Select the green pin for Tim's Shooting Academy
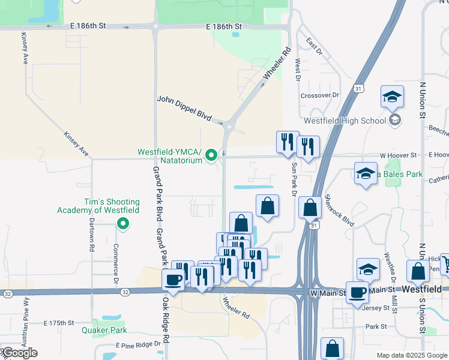(x=123, y=225)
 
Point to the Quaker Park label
(x=104, y=329)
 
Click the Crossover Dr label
(x=320, y=95)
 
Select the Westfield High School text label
(x=345, y=121)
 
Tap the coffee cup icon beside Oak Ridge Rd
(x=173, y=280)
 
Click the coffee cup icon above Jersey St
(x=358, y=292)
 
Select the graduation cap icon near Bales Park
(x=365, y=174)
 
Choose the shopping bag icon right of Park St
(x=332, y=349)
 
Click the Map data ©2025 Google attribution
(x=411, y=355)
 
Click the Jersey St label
(x=376, y=308)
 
